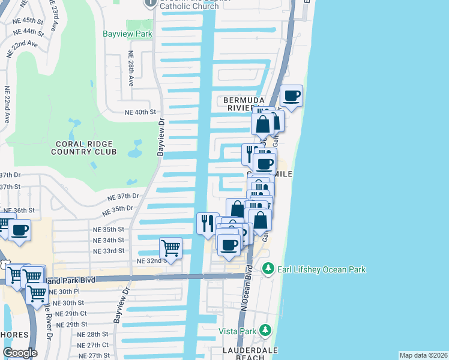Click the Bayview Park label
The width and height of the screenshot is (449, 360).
(x=135, y=34)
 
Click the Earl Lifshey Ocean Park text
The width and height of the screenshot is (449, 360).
(x=321, y=269)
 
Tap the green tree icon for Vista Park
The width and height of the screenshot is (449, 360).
(x=265, y=331)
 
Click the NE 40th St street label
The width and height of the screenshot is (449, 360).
(x=140, y=112)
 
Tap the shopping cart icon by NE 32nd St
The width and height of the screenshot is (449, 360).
(x=171, y=247)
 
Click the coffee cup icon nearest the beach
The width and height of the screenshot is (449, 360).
(x=292, y=95)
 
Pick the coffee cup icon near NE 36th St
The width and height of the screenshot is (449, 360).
(x=19, y=229)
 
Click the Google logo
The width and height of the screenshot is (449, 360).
(x=20, y=352)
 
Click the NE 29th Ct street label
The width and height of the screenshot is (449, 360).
(x=70, y=313)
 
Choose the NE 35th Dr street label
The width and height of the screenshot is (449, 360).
(x=117, y=211)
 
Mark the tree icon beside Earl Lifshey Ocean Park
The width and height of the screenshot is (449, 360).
(x=268, y=269)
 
